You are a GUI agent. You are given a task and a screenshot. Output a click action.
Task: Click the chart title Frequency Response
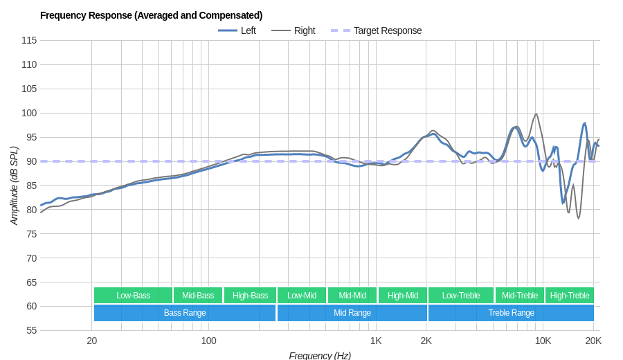pos(151,15)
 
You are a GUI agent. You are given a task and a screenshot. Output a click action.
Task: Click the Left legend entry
pos(248,30)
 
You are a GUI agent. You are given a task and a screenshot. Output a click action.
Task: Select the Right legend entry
pos(304,30)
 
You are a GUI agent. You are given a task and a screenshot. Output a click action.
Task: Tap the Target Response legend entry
pos(387,30)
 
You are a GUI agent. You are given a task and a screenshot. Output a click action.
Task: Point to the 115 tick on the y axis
pos(29,40)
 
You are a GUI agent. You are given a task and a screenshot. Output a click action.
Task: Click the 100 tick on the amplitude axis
pos(29,113)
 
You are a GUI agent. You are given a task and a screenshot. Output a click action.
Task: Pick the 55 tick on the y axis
pos(31,330)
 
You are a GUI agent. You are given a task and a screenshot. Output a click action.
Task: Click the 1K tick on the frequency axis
pos(376,341)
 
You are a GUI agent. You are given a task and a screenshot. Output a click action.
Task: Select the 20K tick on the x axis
pos(593,341)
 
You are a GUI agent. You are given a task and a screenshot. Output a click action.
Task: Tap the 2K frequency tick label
pos(426,341)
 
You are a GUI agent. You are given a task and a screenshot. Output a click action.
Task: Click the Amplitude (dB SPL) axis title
pos(14,186)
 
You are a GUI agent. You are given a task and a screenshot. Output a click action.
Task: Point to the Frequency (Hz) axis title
pos(320,355)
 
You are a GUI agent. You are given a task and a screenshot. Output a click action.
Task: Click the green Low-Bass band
pos(133,296)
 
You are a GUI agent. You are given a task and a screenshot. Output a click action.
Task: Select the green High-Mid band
pos(403,296)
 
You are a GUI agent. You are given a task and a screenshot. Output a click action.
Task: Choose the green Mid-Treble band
pos(520,296)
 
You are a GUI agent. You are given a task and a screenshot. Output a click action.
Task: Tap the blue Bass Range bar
pos(185,313)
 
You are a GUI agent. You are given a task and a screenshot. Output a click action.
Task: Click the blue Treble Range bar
pos(511,313)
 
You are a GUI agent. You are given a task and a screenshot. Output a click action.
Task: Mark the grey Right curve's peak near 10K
pos(536,114)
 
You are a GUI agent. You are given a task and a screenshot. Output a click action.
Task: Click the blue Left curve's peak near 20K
pos(585,123)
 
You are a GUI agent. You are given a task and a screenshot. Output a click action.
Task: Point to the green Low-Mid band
pos(302,296)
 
